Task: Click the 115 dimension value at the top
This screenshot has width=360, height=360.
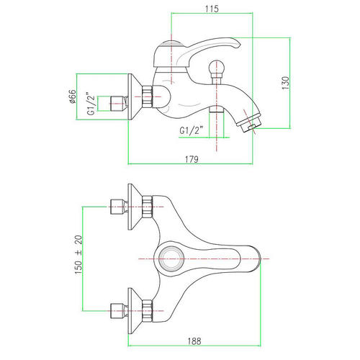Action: (212, 9)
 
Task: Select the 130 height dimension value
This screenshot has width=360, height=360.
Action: (286, 83)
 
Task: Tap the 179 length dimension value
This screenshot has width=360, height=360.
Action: (192, 159)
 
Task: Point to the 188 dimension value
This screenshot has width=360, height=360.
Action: (194, 341)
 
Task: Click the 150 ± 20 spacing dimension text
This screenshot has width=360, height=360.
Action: (78, 255)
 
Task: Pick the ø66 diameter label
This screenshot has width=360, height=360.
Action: (72, 96)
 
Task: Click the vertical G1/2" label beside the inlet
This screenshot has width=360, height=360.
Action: (91, 104)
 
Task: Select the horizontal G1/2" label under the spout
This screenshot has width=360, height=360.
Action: (192, 130)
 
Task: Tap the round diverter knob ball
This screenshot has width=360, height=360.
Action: (217, 68)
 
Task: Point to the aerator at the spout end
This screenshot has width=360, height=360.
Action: (250, 124)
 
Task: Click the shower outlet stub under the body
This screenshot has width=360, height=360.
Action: (217, 109)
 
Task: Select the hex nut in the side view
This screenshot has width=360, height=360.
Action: (147, 96)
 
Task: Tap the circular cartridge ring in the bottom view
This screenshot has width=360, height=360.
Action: (171, 258)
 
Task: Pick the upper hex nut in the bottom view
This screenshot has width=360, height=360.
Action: (147, 207)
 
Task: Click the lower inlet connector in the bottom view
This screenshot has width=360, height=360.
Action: (119, 311)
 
